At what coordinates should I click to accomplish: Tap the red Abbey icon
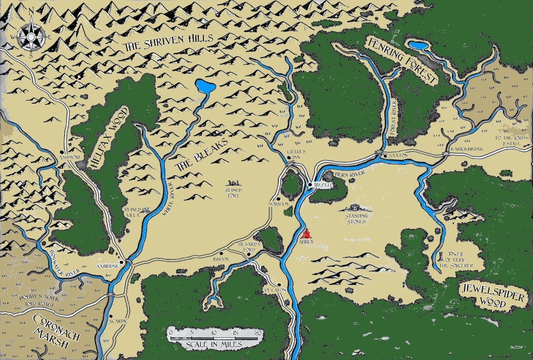(306, 234)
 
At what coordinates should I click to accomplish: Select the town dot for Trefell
(310, 185)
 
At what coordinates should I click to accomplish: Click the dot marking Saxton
(380, 155)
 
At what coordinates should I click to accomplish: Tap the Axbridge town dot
(129, 262)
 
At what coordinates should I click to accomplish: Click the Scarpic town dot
(112, 317)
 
